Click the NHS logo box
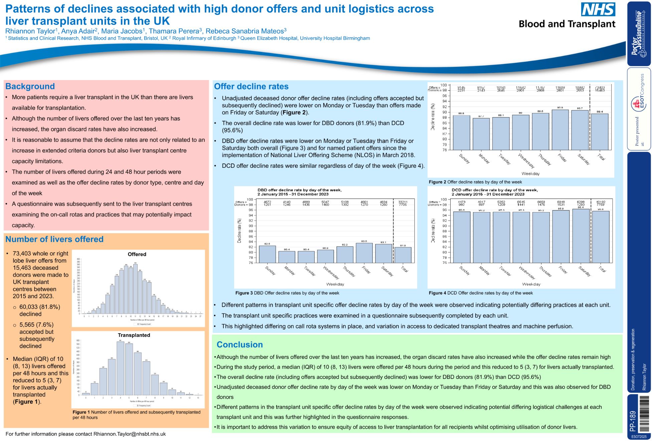(x=598, y=9)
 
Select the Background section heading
(x=30, y=86)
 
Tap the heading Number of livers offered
(x=54, y=239)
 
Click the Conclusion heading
(x=239, y=345)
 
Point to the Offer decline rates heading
(x=251, y=86)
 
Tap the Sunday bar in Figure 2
(x=461, y=132)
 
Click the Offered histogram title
(x=137, y=254)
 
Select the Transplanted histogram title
(x=134, y=335)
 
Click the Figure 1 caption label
(x=81, y=412)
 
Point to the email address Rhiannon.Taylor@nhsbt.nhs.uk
(x=130, y=434)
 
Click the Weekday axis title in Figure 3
(x=335, y=284)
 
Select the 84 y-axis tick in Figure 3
(x=251, y=242)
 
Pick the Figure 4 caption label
(x=437, y=293)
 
